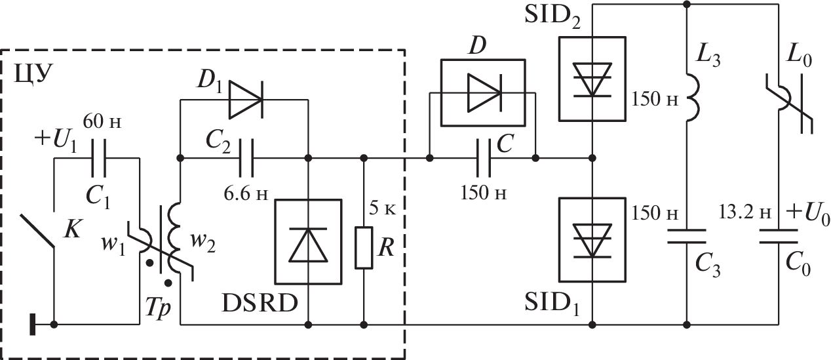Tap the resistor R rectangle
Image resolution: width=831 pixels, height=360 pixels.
point(364,248)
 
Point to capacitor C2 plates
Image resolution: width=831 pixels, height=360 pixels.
point(244,158)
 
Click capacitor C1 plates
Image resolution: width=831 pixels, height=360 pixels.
point(96,158)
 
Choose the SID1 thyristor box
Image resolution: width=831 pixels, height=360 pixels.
point(592,240)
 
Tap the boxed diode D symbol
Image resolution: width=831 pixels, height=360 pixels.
point(482,92)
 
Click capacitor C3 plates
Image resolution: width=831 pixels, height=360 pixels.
point(687,237)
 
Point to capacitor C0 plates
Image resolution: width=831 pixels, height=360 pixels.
point(779,237)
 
